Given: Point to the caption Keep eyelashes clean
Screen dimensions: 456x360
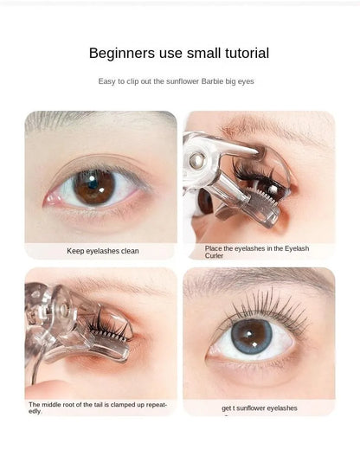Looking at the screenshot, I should (x=103, y=251).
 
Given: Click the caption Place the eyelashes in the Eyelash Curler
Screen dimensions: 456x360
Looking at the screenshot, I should (x=257, y=252).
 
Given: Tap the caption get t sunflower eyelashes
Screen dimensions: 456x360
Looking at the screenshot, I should (x=259, y=408).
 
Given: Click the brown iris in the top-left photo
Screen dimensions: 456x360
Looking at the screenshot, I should (x=93, y=186).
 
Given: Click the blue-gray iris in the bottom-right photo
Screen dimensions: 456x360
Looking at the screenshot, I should (x=251, y=336).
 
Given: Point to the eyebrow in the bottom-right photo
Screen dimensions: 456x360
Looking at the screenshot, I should (x=260, y=281).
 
